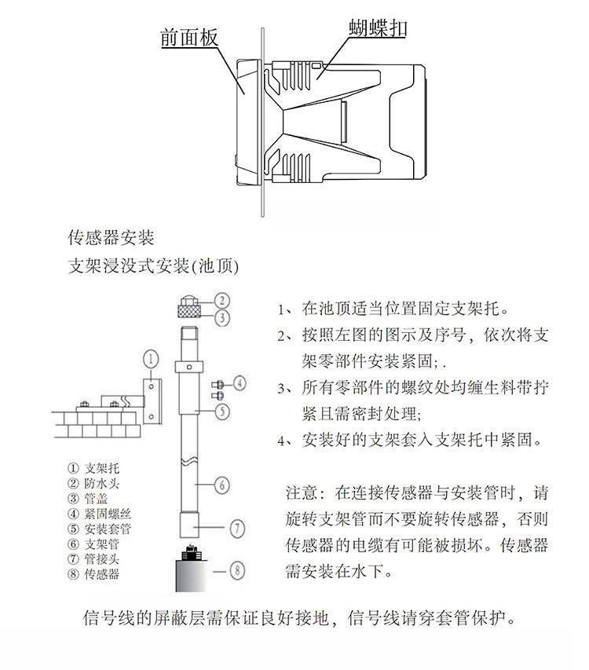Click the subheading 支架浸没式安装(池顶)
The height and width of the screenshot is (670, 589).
153,266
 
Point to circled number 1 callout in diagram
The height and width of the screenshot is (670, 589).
151,359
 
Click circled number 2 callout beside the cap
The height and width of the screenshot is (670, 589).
223,299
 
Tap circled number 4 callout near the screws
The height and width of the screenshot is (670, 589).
240,383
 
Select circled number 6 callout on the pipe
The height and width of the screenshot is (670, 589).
223,485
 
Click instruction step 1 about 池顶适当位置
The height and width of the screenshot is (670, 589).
393,308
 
